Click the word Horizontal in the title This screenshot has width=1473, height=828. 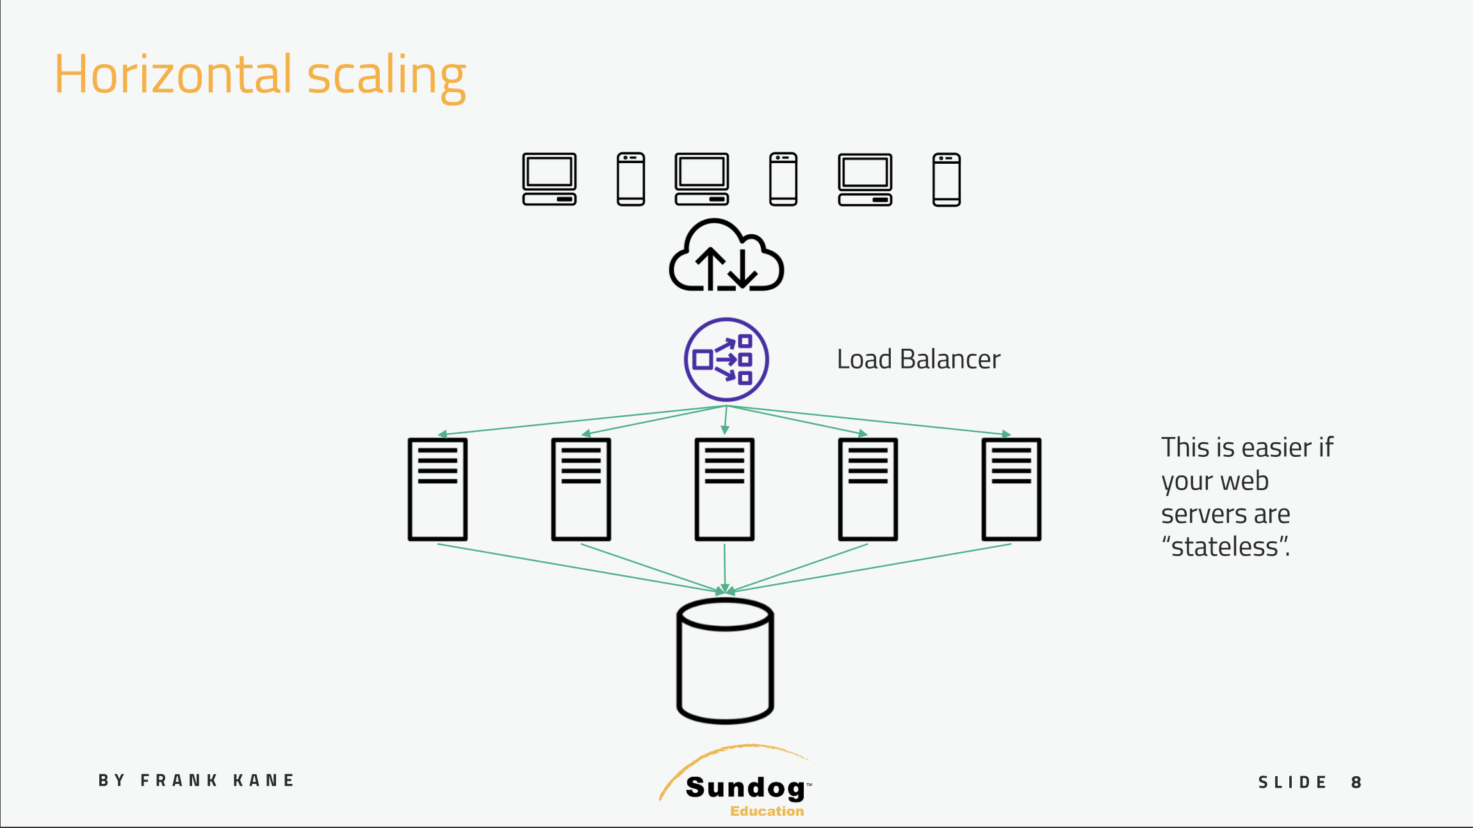point(173,74)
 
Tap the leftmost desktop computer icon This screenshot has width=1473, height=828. point(549,179)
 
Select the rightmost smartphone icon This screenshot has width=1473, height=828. point(947,179)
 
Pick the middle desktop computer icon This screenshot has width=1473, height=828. point(702,179)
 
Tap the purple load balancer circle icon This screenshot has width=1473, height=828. point(726,360)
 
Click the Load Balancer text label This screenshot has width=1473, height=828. point(918,360)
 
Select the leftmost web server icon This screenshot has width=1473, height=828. point(437,490)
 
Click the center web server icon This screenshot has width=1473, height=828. point(724,490)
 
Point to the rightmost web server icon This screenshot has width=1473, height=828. point(1011,490)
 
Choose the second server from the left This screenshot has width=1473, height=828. point(581,490)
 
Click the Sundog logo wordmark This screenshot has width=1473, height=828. point(745,788)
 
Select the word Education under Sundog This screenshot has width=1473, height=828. point(767,811)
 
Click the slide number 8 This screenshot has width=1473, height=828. point(1356,782)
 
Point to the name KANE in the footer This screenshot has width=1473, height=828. point(263,781)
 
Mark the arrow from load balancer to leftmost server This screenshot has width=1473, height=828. point(582,420)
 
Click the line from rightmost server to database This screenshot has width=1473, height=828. point(871,567)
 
